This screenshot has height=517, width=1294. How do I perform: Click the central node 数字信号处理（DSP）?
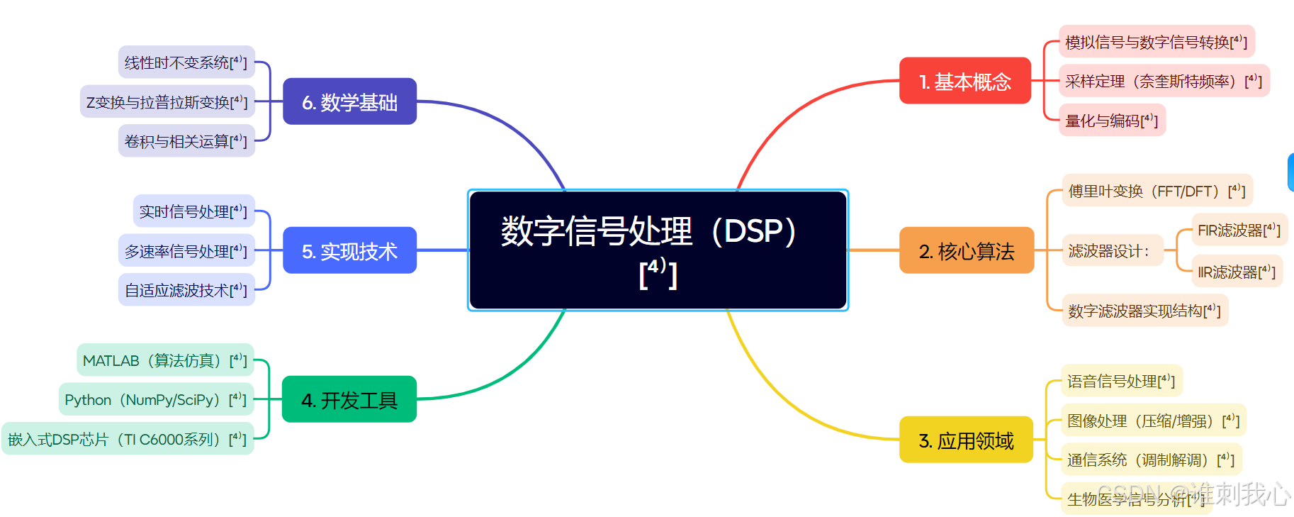(x=658, y=250)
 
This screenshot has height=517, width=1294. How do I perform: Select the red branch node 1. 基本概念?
(x=964, y=82)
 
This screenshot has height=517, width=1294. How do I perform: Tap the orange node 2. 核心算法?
(x=966, y=251)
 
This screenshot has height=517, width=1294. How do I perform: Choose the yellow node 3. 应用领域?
(x=966, y=440)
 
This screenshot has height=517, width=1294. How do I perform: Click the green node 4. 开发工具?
(x=349, y=400)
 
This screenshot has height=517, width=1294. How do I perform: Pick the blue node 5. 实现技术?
(x=349, y=251)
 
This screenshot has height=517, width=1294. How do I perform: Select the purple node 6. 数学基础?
(x=349, y=102)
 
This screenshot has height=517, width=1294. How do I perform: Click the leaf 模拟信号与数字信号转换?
(x=1156, y=42)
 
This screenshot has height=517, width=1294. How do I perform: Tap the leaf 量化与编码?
(x=1111, y=121)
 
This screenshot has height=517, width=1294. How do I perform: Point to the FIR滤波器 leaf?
(x=1239, y=230)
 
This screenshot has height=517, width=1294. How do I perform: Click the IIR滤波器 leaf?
(x=1236, y=272)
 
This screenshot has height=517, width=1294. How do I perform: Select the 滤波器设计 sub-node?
(x=1110, y=251)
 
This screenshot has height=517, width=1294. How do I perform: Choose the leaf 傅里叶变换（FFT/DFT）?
(x=1157, y=191)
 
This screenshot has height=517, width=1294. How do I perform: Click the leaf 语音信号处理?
(x=1120, y=381)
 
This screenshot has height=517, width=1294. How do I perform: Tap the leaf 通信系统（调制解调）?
(x=1150, y=460)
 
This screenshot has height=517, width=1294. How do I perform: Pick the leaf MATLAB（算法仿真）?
(x=164, y=360)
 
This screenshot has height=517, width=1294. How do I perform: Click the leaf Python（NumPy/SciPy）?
(x=155, y=399)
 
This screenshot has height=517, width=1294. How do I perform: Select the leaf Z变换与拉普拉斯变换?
(x=167, y=102)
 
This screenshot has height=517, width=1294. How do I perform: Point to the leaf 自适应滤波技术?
(x=186, y=290)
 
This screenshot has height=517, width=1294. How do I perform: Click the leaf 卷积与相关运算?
(x=186, y=141)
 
